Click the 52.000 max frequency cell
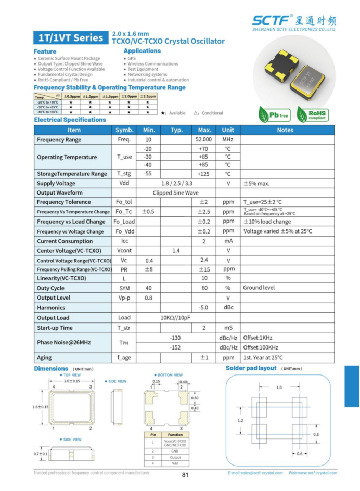203,140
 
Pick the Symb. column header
124,130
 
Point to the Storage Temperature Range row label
72,174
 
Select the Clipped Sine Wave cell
175,192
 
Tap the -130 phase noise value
175,338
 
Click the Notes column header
285,130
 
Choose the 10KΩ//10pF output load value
175,318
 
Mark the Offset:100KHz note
261,347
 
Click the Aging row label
44,357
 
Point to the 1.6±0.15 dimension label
40,407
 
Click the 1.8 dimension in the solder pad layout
279,387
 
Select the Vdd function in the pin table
175,463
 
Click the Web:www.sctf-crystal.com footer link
313,473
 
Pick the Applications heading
142,51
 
